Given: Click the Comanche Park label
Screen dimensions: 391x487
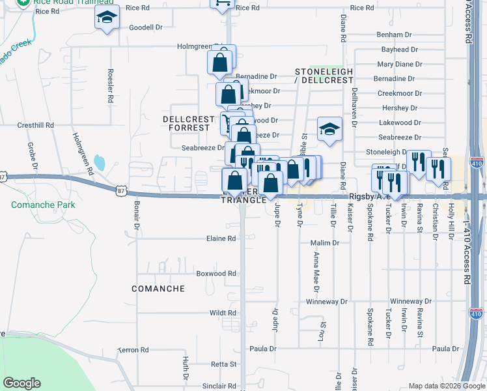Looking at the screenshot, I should pyautogui.click(x=43, y=205).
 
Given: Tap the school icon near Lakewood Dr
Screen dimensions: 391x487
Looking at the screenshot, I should pyautogui.click(x=329, y=129).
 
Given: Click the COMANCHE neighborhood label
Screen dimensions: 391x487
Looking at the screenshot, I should pyautogui.click(x=158, y=288).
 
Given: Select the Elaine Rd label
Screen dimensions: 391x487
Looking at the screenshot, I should pyautogui.click(x=222, y=239).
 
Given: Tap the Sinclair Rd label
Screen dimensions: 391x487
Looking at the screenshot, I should pyautogui.click(x=219, y=386).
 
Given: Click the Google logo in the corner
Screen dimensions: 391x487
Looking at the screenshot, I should pyautogui.click(x=21, y=383).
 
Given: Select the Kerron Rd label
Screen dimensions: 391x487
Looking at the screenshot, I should pyautogui.click(x=133, y=350).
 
